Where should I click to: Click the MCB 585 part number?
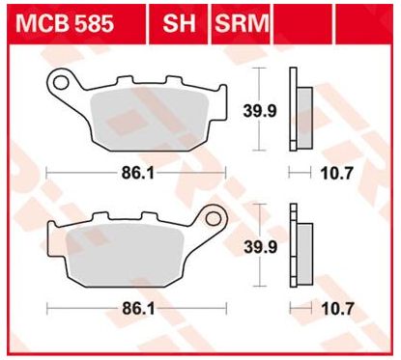coord(65,23)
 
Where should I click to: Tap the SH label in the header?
coord(179,23)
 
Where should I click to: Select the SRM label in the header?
coord(242,23)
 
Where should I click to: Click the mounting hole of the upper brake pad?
coord(61,83)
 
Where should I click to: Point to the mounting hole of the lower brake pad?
coord(213,219)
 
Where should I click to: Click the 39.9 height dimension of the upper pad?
coord(260,111)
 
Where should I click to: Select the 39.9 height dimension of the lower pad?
coord(260,247)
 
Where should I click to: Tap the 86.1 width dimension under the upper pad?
coord(138,174)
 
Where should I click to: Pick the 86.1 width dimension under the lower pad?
coord(138,310)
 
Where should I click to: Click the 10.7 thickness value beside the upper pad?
coord(337,174)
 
